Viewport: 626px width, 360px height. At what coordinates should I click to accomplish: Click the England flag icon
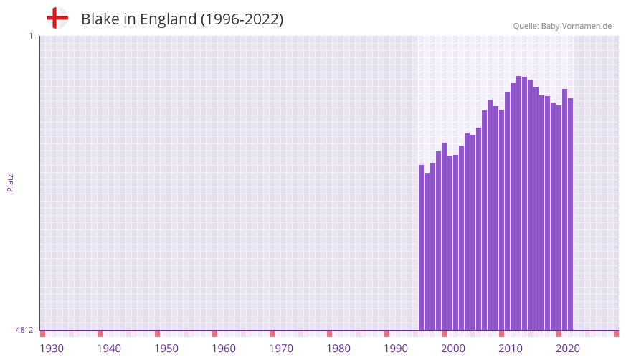[57, 18]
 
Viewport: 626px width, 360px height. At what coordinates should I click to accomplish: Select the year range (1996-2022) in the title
[242, 19]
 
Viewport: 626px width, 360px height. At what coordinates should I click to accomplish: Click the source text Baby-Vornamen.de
[576, 26]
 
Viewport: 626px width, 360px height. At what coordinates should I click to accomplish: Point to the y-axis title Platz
[10, 182]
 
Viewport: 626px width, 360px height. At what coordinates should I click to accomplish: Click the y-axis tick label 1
[30, 36]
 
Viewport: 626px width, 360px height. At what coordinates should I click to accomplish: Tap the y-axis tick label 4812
[24, 330]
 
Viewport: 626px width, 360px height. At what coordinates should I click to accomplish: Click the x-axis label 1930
[52, 349]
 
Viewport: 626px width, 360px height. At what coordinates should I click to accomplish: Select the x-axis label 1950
[166, 349]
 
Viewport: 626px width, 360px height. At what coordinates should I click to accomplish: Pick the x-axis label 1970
[281, 349]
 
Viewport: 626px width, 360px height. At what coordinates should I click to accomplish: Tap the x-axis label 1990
[396, 349]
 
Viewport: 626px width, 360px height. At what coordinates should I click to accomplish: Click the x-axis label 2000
[453, 349]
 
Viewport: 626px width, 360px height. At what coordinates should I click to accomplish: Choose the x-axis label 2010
[511, 349]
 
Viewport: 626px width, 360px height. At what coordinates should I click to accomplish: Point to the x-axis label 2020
[568, 349]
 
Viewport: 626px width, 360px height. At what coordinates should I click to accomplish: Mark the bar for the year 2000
[445, 237]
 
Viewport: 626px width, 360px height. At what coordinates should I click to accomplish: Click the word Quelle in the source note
[525, 26]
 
